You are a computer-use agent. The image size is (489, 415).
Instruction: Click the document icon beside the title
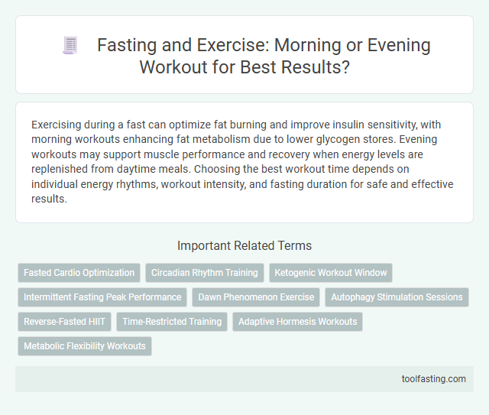(70, 47)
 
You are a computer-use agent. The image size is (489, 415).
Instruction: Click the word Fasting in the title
(127, 45)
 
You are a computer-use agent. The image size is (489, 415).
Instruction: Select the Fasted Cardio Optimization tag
(79, 272)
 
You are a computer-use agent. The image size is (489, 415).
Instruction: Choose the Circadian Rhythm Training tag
(205, 272)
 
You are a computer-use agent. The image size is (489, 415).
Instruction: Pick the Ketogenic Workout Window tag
(330, 272)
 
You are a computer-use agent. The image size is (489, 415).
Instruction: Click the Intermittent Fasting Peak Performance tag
(102, 297)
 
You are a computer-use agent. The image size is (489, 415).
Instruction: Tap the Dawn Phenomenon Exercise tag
(256, 297)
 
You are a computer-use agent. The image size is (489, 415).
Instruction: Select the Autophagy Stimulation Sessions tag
(397, 297)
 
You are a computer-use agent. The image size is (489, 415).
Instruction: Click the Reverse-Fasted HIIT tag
(64, 321)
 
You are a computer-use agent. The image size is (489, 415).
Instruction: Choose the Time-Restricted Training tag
(172, 321)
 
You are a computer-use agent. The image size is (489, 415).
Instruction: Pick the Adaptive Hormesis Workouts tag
(297, 321)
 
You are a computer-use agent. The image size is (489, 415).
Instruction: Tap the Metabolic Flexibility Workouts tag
(85, 345)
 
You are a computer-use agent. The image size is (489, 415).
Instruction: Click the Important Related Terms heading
(244, 246)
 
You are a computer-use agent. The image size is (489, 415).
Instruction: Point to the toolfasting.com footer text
(433, 378)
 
